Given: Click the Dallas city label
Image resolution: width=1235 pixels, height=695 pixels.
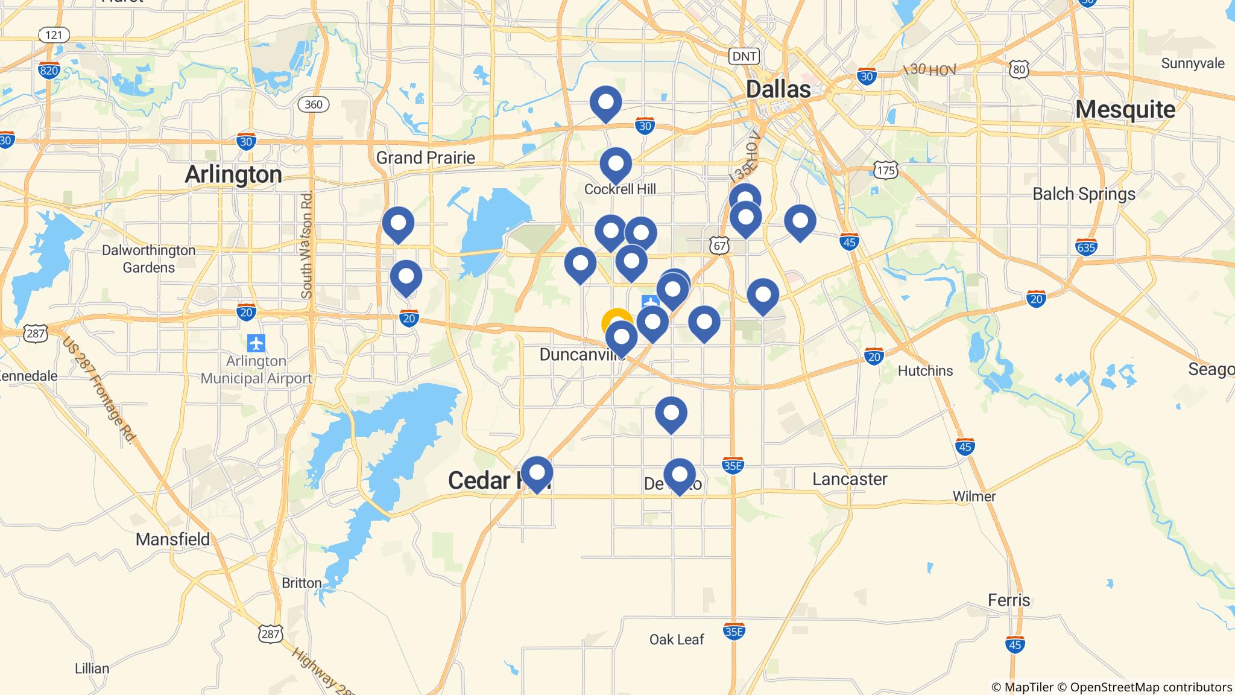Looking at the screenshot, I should pyautogui.click(x=778, y=89).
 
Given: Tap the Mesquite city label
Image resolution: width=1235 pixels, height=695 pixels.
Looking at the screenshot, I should pyautogui.click(x=1125, y=110).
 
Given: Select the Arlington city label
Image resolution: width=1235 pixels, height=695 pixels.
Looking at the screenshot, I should pyautogui.click(x=233, y=174).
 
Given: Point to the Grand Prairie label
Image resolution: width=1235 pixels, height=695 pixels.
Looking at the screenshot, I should pyautogui.click(x=426, y=158).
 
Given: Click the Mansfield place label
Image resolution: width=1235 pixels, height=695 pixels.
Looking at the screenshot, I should pyautogui.click(x=173, y=539).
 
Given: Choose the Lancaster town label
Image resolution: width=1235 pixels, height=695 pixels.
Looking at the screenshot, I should pyautogui.click(x=850, y=480).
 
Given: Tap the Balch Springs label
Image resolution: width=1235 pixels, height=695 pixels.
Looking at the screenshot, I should pyautogui.click(x=1084, y=194).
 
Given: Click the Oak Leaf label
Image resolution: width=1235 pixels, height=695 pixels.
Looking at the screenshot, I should pyautogui.click(x=677, y=639).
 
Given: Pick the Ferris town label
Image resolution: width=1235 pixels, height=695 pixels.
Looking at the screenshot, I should pyautogui.click(x=1009, y=600).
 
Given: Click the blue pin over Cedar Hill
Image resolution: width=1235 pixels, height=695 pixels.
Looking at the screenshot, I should pyautogui.click(x=537, y=472).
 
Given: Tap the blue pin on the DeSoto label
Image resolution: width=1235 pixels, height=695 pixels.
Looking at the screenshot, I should pyautogui.click(x=679, y=474).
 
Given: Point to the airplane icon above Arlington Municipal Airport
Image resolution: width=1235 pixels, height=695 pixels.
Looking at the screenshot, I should pyautogui.click(x=256, y=343).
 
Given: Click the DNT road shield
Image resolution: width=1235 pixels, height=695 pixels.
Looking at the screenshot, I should pyautogui.click(x=744, y=57).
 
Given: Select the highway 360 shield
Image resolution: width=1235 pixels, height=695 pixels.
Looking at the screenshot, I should pyautogui.click(x=313, y=104).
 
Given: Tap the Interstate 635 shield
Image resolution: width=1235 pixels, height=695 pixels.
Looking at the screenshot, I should pyautogui.click(x=1086, y=247).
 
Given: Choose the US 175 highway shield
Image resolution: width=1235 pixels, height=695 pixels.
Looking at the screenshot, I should pyautogui.click(x=886, y=171).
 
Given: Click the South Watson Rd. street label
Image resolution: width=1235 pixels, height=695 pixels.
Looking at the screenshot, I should pyautogui.click(x=307, y=244).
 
